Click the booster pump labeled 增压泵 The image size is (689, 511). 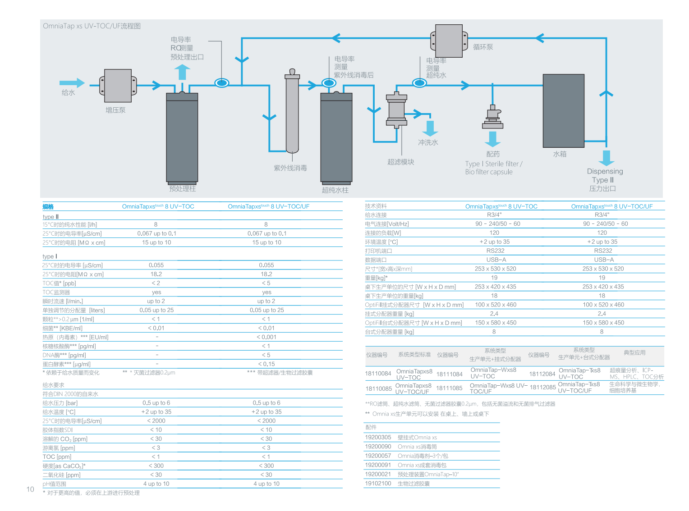(118, 86)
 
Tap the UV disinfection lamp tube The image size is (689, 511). (292, 113)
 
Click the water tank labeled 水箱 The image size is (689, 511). (563, 110)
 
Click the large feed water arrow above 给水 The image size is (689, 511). (72, 83)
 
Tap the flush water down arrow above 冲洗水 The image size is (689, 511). (430, 128)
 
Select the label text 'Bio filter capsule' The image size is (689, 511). (489, 172)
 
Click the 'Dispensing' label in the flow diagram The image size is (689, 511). (605, 171)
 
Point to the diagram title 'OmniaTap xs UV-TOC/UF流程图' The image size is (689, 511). (92, 26)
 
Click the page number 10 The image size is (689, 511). (30, 489)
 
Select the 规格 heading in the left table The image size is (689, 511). (48, 207)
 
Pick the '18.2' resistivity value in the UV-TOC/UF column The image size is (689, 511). (266, 274)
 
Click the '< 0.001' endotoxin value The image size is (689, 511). (266, 337)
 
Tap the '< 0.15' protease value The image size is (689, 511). (266, 364)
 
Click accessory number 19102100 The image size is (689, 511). (378, 484)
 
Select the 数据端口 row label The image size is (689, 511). (376, 260)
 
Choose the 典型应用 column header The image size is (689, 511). (634, 353)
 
